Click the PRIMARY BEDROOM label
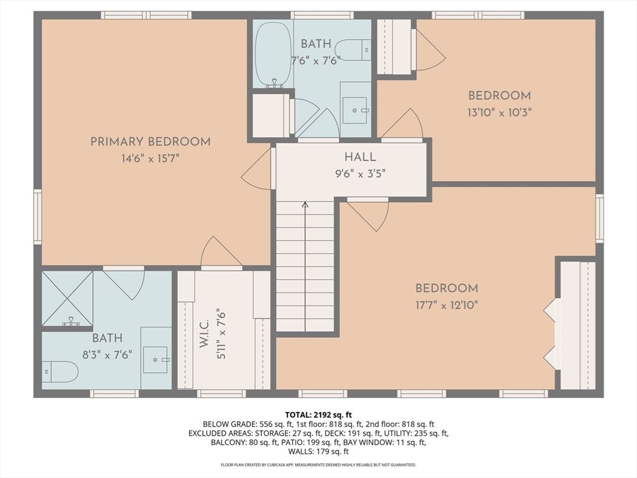pos(151,142)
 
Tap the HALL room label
pos(360,157)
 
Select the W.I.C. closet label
pos(204,334)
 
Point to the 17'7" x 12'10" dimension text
pos(447,305)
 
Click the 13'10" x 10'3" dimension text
pos(500,112)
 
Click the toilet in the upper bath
pos(353,50)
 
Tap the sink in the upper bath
pos(355,110)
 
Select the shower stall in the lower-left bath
pos(67,298)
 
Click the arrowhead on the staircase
pos(305,204)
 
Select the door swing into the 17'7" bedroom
pos(368,214)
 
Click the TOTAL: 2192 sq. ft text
pos(318,415)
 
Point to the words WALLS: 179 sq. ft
pos(318,452)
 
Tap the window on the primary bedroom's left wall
pos(37,217)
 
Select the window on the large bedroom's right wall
pos(600,218)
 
